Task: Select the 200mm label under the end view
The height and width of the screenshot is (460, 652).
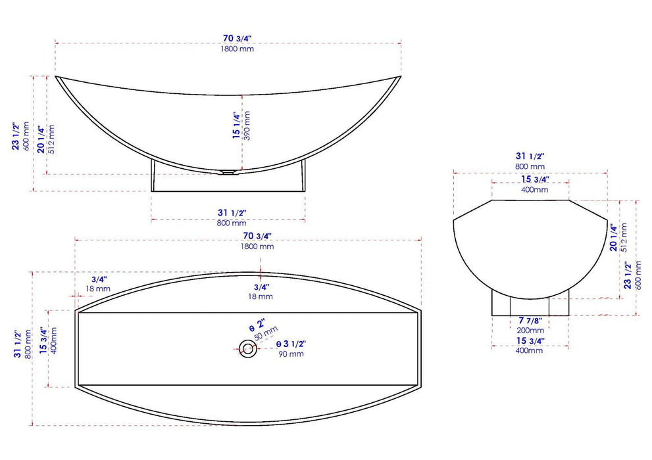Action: pos(530,330)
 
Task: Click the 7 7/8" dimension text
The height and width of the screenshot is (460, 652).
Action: pos(530,320)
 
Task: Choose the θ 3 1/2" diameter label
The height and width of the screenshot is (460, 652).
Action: pos(291,344)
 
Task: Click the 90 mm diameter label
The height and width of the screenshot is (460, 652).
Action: pos(291,354)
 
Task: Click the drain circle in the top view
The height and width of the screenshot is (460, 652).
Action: pos(248,348)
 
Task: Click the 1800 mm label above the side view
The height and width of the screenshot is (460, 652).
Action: pos(228,49)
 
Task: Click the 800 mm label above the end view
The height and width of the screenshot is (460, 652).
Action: pos(530,167)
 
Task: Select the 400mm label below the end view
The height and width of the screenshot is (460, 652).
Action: pos(530,350)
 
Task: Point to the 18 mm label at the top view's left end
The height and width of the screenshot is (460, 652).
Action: pos(99,288)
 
